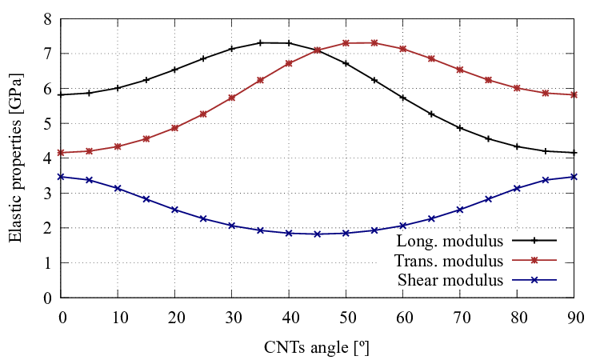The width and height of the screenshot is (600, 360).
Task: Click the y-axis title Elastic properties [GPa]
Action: pyautogui.click(x=15, y=158)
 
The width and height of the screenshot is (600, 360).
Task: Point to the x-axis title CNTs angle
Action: pyautogui.click(x=317, y=348)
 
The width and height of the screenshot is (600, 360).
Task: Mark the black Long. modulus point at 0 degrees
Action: pyautogui.click(x=62, y=94)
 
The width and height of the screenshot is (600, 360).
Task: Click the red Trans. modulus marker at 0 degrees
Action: pyautogui.click(x=62, y=153)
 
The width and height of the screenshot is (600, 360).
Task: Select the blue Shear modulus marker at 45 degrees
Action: pyautogui.click(x=318, y=234)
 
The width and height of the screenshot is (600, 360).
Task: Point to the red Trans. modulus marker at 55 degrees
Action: pyautogui.click(x=374, y=42)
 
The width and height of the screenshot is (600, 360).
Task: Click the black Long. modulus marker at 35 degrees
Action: pyautogui.click(x=260, y=42)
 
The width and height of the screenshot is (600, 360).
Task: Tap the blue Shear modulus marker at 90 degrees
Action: pyautogui.click(x=574, y=177)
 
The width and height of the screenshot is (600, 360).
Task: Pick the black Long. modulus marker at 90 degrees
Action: pyautogui.click(x=574, y=153)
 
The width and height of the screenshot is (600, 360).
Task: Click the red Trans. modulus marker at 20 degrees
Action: pyautogui.click(x=175, y=127)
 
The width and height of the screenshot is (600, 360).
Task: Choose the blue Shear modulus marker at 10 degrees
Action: pyautogui.click(x=118, y=188)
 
